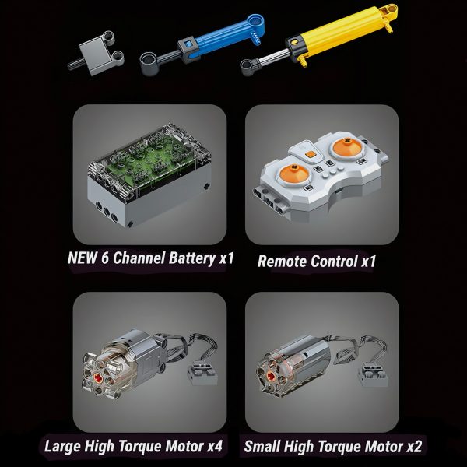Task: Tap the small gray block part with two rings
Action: click(x=97, y=53)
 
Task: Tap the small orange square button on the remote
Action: click(x=311, y=154)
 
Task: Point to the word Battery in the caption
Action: click(x=192, y=258)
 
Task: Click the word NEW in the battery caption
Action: click(x=83, y=258)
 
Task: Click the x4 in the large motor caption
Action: click(x=215, y=446)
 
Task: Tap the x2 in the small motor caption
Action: click(x=414, y=447)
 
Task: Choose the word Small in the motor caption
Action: click(x=262, y=447)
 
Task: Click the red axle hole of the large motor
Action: click(x=98, y=377)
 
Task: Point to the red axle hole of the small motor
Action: click(x=271, y=376)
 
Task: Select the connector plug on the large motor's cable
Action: click(x=202, y=372)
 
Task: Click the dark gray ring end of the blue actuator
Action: click(x=149, y=64)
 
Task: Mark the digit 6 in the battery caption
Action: click(x=105, y=258)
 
